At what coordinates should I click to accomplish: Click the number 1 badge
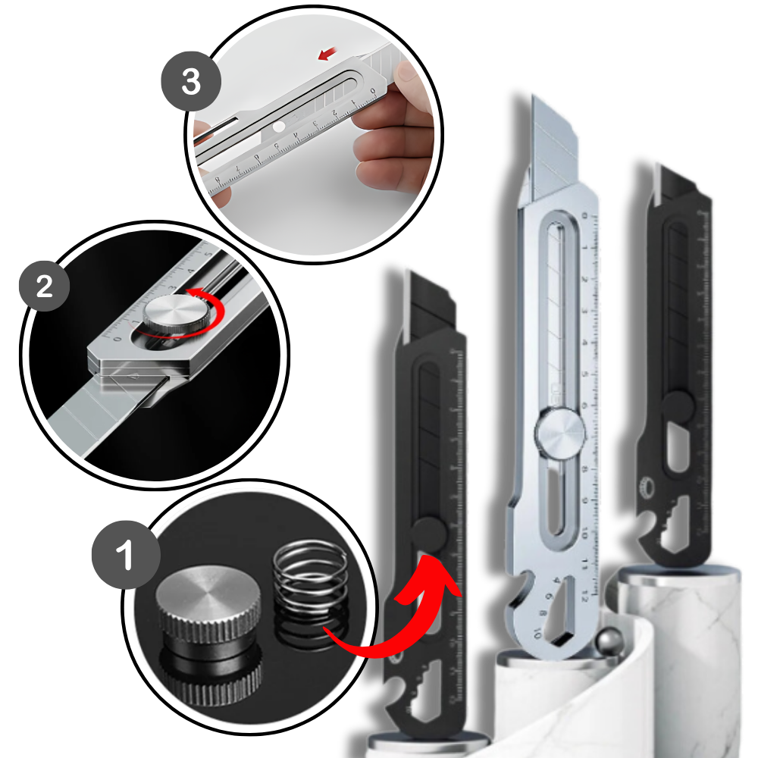coord(125,555)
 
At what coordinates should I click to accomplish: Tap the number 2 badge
coord(45,287)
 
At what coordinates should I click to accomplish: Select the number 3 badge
coord(190,81)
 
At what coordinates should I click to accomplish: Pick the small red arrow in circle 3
coord(328,54)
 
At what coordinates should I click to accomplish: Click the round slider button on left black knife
coord(431,534)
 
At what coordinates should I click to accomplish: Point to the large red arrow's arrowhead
coord(444,569)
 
